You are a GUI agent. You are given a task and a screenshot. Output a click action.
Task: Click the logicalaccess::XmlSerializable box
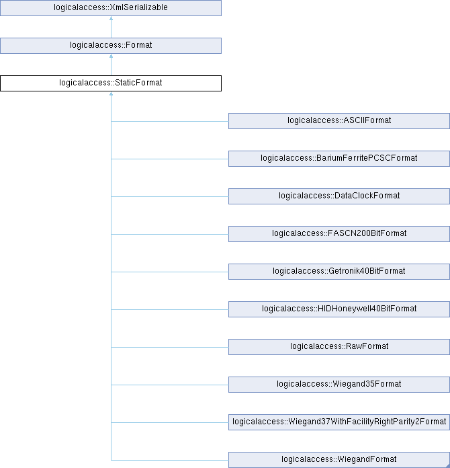point(111,8)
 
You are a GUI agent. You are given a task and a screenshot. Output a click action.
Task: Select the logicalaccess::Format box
point(111,46)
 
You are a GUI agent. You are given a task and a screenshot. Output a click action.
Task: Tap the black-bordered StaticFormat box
point(111,83)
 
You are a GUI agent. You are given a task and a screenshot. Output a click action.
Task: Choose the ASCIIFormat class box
point(339,121)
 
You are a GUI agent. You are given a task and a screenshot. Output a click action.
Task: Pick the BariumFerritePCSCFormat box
point(339,159)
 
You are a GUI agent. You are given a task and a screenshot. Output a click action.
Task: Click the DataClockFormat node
point(339,196)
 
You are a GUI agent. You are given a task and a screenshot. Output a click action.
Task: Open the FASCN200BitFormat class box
point(339,234)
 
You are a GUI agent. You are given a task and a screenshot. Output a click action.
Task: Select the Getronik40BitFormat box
point(339,271)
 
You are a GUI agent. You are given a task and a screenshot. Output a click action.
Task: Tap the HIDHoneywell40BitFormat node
point(339,309)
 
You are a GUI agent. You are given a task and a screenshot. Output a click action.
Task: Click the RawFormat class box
point(339,346)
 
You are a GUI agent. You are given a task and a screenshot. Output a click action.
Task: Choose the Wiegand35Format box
point(339,384)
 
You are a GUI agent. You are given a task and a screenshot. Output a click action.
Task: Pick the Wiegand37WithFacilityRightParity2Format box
point(339,422)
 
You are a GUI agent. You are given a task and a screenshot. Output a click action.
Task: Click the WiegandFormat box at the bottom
point(339,460)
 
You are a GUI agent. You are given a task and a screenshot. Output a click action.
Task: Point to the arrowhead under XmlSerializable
point(111,18)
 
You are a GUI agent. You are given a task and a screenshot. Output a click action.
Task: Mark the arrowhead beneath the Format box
point(111,56)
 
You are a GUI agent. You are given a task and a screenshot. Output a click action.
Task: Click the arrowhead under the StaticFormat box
point(111,93)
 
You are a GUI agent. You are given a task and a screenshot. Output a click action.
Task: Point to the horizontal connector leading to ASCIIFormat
point(170,121)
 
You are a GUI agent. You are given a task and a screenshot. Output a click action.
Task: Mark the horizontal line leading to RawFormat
point(170,347)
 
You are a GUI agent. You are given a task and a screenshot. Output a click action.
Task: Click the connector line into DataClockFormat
point(170,196)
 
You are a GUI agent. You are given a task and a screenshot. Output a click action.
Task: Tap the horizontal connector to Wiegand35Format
point(170,385)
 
